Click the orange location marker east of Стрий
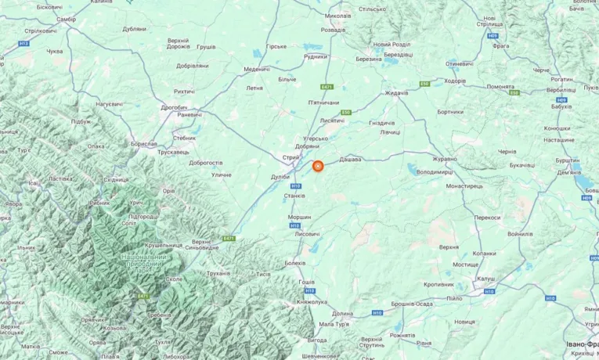coord(318,166)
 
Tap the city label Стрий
coord(290,158)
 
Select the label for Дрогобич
coord(174,107)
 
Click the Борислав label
coord(144,144)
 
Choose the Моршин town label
coord(299,217)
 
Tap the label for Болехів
coord(295,263)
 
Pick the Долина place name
coord(342,314)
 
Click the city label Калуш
coord(485,279)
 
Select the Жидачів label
coord(396,93)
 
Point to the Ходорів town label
coord(455,81)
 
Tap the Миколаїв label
coord(337,16)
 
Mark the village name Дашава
coord(350,159)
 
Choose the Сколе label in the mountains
coord(173,279)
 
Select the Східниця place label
coord(116,179)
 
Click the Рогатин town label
coord(561,79)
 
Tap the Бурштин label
coord(568,160)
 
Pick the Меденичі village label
coord(257,69)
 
